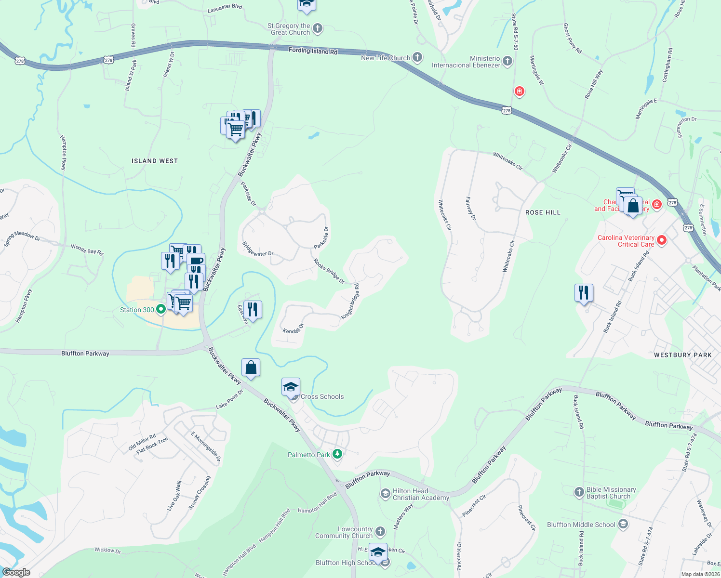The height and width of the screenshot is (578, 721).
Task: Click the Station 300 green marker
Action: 161,309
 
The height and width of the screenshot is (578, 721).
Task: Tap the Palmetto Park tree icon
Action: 338,454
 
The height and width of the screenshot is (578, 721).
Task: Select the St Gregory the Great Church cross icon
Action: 318,28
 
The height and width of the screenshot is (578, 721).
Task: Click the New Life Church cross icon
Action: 417,57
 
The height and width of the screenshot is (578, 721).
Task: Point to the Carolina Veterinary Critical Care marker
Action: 661,240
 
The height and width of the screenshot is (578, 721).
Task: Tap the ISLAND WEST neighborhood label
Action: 155,161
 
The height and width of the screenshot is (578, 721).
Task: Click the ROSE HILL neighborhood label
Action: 543,212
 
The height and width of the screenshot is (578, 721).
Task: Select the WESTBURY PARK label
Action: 682,355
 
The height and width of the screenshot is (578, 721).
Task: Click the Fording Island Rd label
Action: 313,51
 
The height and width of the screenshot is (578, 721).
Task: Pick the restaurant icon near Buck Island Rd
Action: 584,292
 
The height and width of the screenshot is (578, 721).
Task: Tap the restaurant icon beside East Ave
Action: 253,309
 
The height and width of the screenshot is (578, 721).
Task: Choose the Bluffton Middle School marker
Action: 623,524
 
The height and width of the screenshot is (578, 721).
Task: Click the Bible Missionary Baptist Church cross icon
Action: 579,492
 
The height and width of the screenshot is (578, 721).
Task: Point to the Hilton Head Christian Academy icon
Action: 385,494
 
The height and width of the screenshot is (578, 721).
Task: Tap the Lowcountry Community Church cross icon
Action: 380,532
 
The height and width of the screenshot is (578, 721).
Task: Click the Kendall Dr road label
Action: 293,329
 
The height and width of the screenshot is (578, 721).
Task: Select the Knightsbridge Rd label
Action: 350,302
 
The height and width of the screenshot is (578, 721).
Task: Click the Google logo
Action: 16,572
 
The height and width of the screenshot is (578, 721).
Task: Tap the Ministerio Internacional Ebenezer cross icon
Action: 507,61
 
